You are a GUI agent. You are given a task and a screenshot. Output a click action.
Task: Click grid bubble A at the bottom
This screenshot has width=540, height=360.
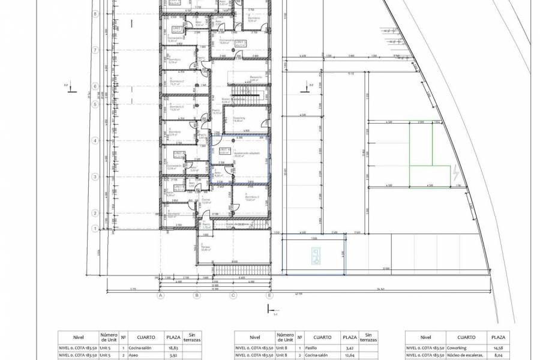[161, 295]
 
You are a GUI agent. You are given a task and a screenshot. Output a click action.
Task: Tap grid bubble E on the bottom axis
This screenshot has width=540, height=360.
[269, 295]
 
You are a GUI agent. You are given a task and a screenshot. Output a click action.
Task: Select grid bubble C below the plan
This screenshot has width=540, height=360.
[233, 295]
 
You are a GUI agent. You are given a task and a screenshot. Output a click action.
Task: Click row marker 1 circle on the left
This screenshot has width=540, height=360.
[94, 229]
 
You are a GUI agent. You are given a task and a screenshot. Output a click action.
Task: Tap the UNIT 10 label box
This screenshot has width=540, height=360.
[225, 151]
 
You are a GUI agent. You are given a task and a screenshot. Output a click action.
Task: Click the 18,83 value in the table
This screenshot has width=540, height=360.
[173, 347]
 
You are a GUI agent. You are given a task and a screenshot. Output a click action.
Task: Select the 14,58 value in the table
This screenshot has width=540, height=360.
[498, 347]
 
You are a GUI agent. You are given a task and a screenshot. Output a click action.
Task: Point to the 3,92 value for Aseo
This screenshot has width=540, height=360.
[173, 355]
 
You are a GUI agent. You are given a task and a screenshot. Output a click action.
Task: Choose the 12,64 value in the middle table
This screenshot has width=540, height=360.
[349, 355]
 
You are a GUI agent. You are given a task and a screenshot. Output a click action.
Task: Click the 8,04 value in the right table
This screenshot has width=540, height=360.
[498, 355]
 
